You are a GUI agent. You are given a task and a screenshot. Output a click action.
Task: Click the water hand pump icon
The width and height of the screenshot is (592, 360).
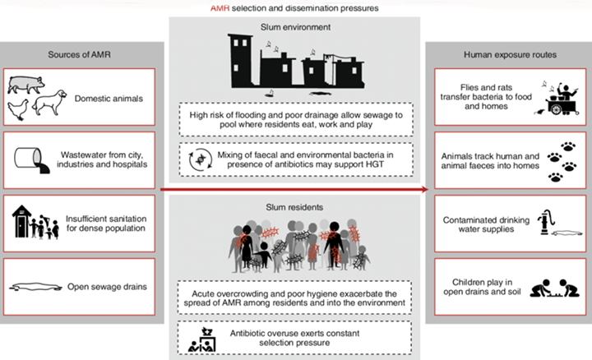point(546,222)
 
